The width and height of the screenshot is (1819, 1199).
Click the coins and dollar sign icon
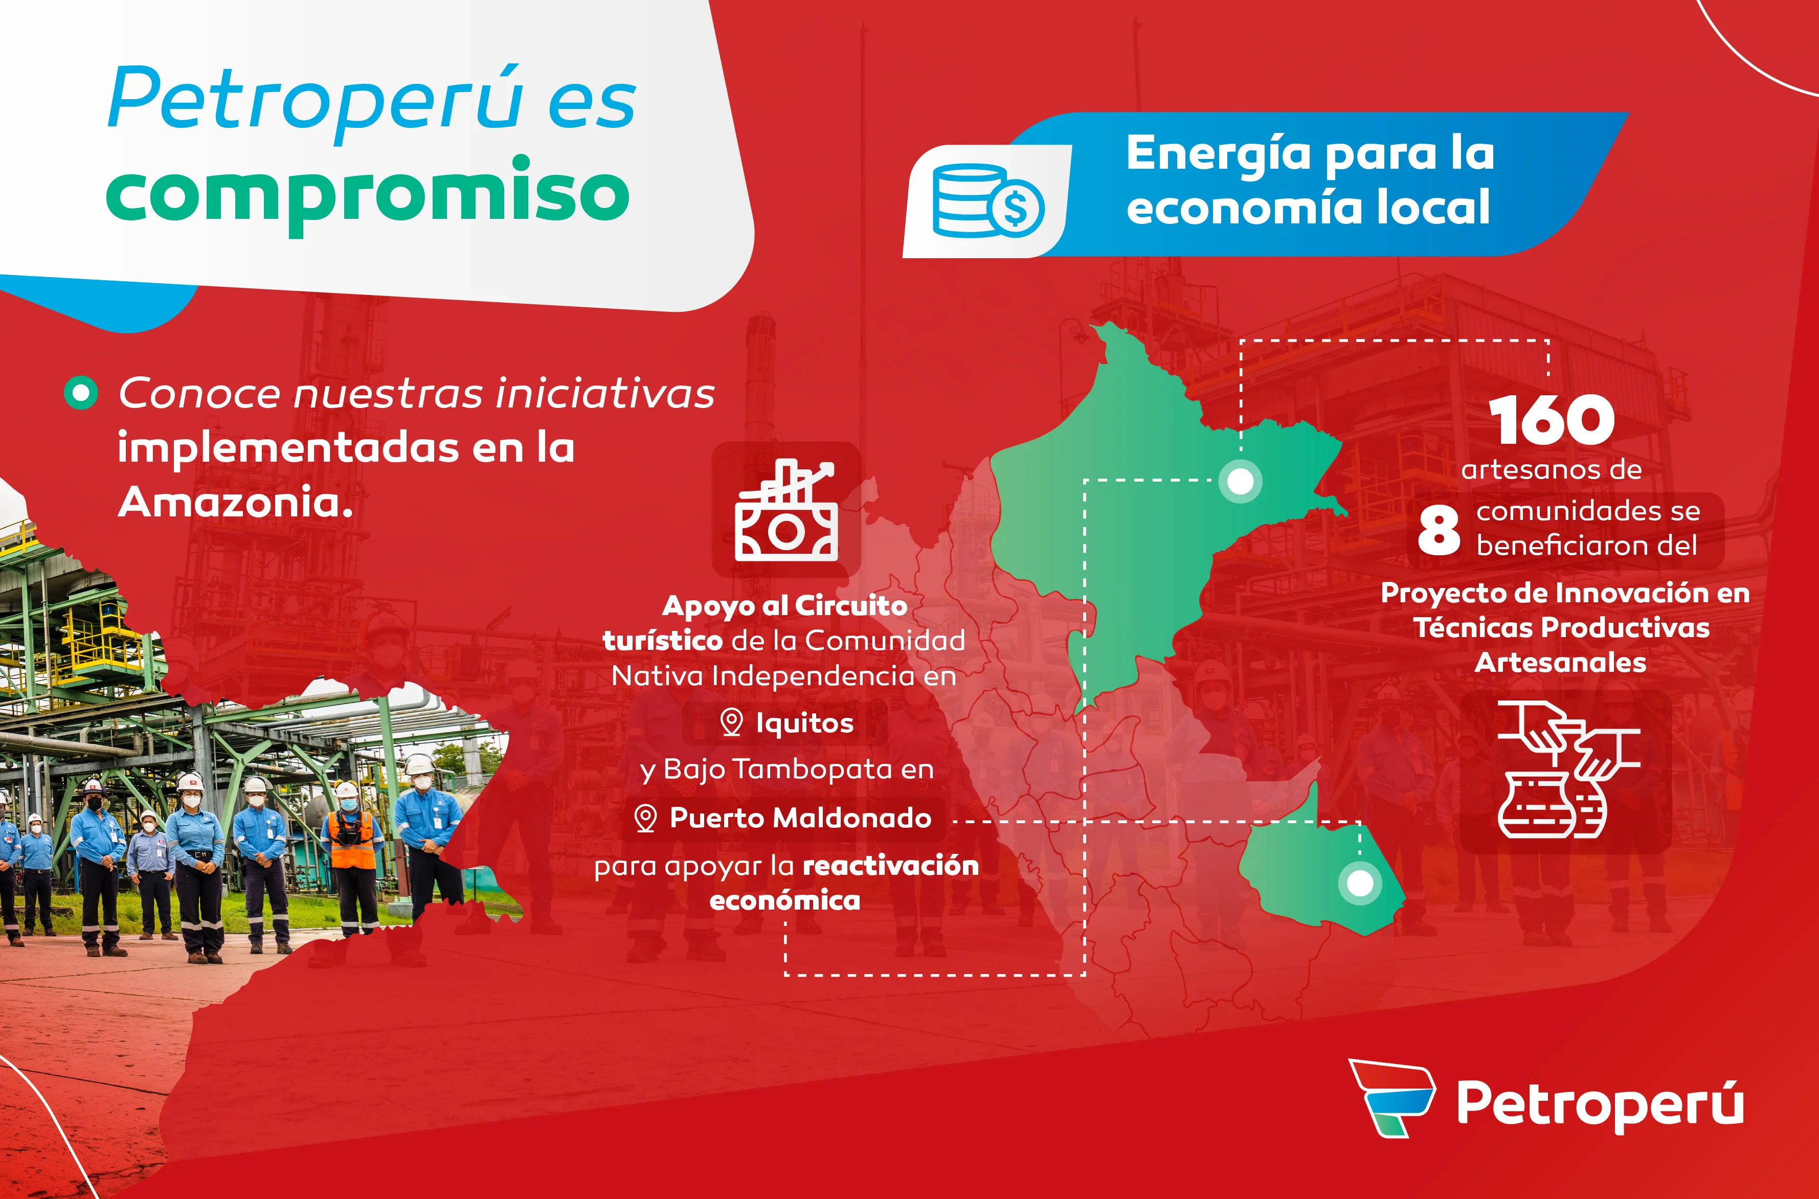click(x=988, y=201)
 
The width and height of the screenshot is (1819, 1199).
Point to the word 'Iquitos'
click(x=804, y=722)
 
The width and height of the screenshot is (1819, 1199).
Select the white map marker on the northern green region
click(x=1240, y=482)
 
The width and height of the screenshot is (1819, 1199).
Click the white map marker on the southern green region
click(x=1359, y=883)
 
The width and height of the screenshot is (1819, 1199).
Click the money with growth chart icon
click(x=786, y=510)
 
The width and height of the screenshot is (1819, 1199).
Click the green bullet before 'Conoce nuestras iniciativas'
click(x=81, y=393)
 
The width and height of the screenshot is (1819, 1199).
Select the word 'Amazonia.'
click(x=236, y=503)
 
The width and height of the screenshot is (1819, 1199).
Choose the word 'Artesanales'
click(x=1560, y=662)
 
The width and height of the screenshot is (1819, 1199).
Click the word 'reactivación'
click(x=891, y=866)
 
